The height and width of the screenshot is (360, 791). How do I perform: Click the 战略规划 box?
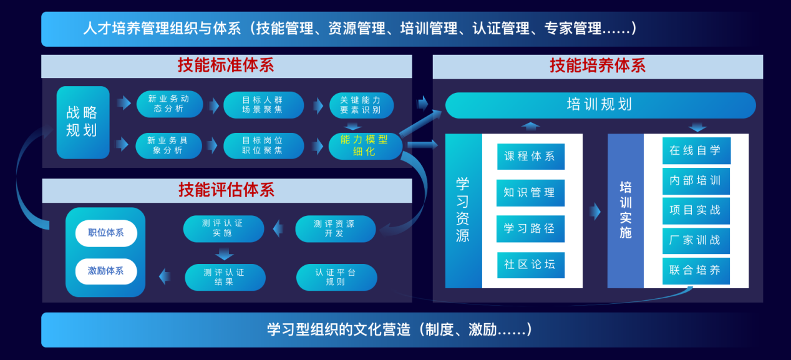pyautogui.click(x=83, y=122)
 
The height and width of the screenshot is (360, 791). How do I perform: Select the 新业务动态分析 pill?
pyautogui.click(x=170, y=104)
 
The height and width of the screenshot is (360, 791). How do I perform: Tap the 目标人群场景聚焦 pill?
pyautogui.click(x=263, y=105)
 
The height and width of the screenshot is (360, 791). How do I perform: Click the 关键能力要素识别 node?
pyautogui.click(x=361, y=105)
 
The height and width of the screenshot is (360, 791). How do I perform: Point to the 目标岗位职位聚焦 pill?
pyautogui.click(x=263, y=145)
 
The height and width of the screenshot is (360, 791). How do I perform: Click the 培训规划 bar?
pyautogui.click(x=600, y=105)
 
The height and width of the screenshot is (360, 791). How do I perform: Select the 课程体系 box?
pyautogui.click(x=531, y=157)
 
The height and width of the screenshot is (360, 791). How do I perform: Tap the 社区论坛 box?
pyautogui.click(x=531, y=265)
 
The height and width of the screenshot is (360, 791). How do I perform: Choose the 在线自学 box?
pyautogui.click(x=696, y=150)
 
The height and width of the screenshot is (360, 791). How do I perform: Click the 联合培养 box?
pyautogui.click(x=696, y=271)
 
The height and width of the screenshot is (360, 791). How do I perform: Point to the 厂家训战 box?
pyautogui.click(x=696, y=241)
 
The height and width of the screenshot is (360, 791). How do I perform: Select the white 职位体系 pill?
pyautogui.click(x=106, y=233)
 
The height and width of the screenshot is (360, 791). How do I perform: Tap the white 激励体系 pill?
pyautogui.click(x=106, y=271)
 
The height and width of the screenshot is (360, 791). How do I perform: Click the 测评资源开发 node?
pyautogui.click(x=336, y=229)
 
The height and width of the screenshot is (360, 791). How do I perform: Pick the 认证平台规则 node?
pyautogui.click(x=336, y=277)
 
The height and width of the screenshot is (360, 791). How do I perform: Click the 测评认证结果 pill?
pyautogui.click(x=225, y=277)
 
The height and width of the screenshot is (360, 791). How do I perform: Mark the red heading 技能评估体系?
pyautogui.click(x=226, y=190)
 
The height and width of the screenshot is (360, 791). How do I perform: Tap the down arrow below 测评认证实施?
pyautogui.click(x=224, y=254)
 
